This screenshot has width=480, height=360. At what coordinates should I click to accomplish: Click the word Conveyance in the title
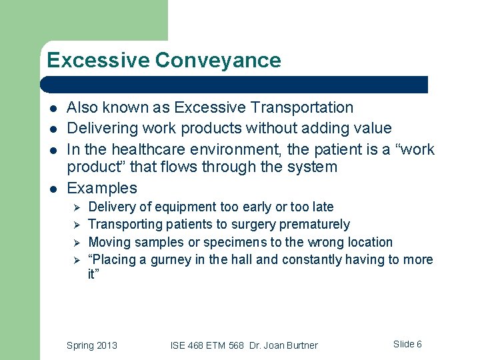pos(218,61)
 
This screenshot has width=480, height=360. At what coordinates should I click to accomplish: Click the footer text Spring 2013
pos(92,345)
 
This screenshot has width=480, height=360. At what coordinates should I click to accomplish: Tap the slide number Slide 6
pos(407,344)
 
